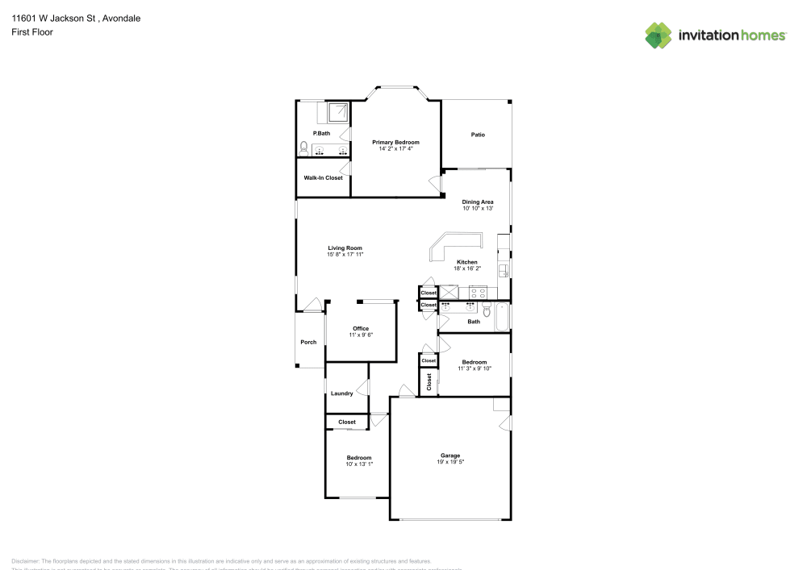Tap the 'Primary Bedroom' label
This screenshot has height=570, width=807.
[x=395, y=142]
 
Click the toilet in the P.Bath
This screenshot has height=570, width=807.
[x=303, y=148]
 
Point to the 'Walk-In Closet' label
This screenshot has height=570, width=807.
[x=323, y=177]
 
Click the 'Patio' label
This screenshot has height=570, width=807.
[x=478, y=135]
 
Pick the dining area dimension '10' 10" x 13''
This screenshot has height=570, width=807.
[x=478, y=208]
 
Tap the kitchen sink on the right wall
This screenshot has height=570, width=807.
[x=502, y=270]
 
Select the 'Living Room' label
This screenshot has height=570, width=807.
[x=345, y=248]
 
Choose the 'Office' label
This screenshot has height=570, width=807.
[x=361, y=328]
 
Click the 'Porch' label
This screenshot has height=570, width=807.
[x=308, y=342]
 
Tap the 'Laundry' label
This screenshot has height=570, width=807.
[x=341, y=393]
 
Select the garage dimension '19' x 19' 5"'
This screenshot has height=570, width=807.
[x=450, y=462]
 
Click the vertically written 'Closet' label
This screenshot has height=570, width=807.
[x=429, y=381]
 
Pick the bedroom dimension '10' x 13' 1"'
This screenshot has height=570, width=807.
[x=359, y=464]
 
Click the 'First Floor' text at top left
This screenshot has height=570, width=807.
[x=32, y=32]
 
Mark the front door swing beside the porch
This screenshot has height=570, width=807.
[x=312, y=304]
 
